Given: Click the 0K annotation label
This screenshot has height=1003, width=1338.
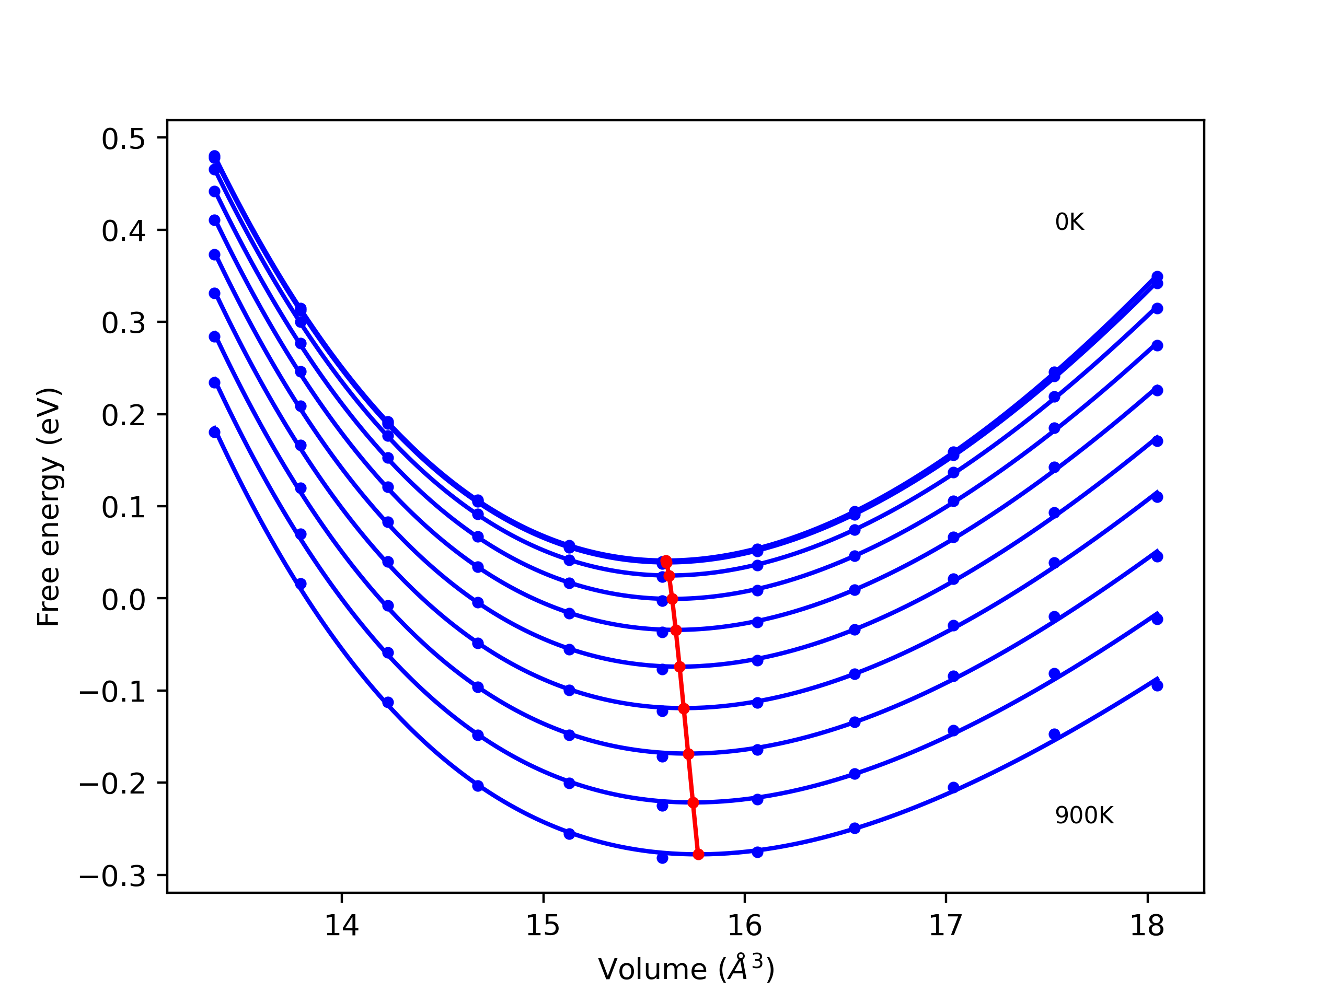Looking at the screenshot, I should (x=1069, y=223).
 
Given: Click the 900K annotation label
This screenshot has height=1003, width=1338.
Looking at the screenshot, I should (x=1084, y=815).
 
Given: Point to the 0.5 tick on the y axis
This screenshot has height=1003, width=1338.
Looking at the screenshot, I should (x=123, y=139).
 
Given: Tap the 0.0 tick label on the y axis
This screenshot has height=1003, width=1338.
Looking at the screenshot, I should (x=123, y=600).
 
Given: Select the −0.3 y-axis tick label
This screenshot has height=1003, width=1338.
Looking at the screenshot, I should (x=112, y=876).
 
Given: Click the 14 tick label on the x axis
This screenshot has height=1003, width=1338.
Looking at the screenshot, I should (x=342, y=926).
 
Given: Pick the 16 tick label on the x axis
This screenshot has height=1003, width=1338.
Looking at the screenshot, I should (x=745, y=926).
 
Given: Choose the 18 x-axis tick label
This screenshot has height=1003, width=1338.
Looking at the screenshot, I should (x=1147, y=926).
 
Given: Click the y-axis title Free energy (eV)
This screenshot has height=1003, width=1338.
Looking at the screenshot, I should (x=49, y=507).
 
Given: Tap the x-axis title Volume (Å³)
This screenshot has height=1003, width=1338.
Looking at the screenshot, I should (x=686, y=969).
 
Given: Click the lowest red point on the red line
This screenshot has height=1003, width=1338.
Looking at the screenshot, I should (x=698, y=854).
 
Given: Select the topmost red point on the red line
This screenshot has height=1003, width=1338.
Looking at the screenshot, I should (x=666, y=562).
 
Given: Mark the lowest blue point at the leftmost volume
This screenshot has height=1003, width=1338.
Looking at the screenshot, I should (x=215, y=432).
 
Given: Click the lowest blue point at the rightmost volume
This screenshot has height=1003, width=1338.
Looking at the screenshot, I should (x=1157, y=685).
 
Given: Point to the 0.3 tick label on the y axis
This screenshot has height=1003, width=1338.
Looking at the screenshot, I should (x=123, y=323).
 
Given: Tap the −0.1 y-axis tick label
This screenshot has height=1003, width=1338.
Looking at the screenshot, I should (x=112, y=692).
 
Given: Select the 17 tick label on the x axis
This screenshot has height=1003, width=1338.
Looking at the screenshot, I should (x=946, y=926).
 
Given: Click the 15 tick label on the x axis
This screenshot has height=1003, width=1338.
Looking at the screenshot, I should (x=543, y=926).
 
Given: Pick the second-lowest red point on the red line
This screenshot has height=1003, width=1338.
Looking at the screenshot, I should (x=693, y=803).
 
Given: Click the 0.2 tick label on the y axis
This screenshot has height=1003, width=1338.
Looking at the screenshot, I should (x=123, y=415).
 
